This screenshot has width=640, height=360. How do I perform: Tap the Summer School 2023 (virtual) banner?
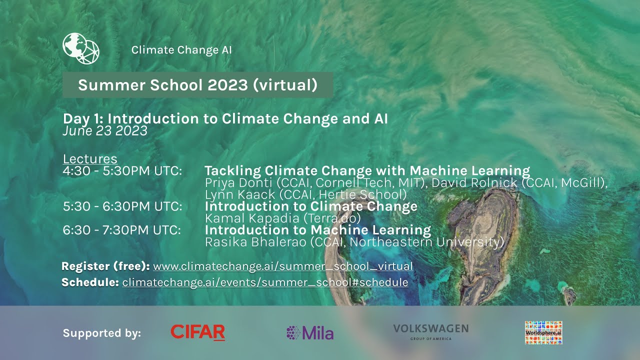pyautogui.click(x=197, y=85)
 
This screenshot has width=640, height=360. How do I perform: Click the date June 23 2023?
pyautogui.click(x=105, y=131)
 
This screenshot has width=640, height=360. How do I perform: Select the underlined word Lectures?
pyautogui.click(x=90, y=159)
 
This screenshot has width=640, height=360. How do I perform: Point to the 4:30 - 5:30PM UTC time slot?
pyautogui.click(x=122, y=171)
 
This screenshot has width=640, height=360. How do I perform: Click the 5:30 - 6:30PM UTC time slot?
pyautogui.click(x=122, y=206)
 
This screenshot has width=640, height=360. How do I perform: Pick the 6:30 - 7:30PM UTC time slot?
pyautogui.click(x=122, y=230)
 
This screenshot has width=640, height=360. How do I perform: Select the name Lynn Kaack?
pyautogui.click(x=235, y=194)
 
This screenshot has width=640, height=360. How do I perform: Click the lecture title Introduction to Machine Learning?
pyautogui.click(x=318, y=230)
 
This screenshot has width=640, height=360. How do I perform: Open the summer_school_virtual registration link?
pyautogui.click(x=283, y=266)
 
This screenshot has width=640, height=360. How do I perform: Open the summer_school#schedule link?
pyautogui.click(x=265, y=282)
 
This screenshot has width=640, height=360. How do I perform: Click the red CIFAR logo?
pyautogui.click(x=197, y=332)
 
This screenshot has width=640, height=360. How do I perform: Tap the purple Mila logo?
pyautogui.click(x=310, y=333)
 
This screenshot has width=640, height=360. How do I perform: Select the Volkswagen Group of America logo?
pyautogui.click(x=430, y=331)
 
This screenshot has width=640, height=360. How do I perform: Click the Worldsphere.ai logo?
pyautogui.click(x=543, y=332)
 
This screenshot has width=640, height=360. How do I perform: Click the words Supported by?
pyautogui.click(x=102, y=333)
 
